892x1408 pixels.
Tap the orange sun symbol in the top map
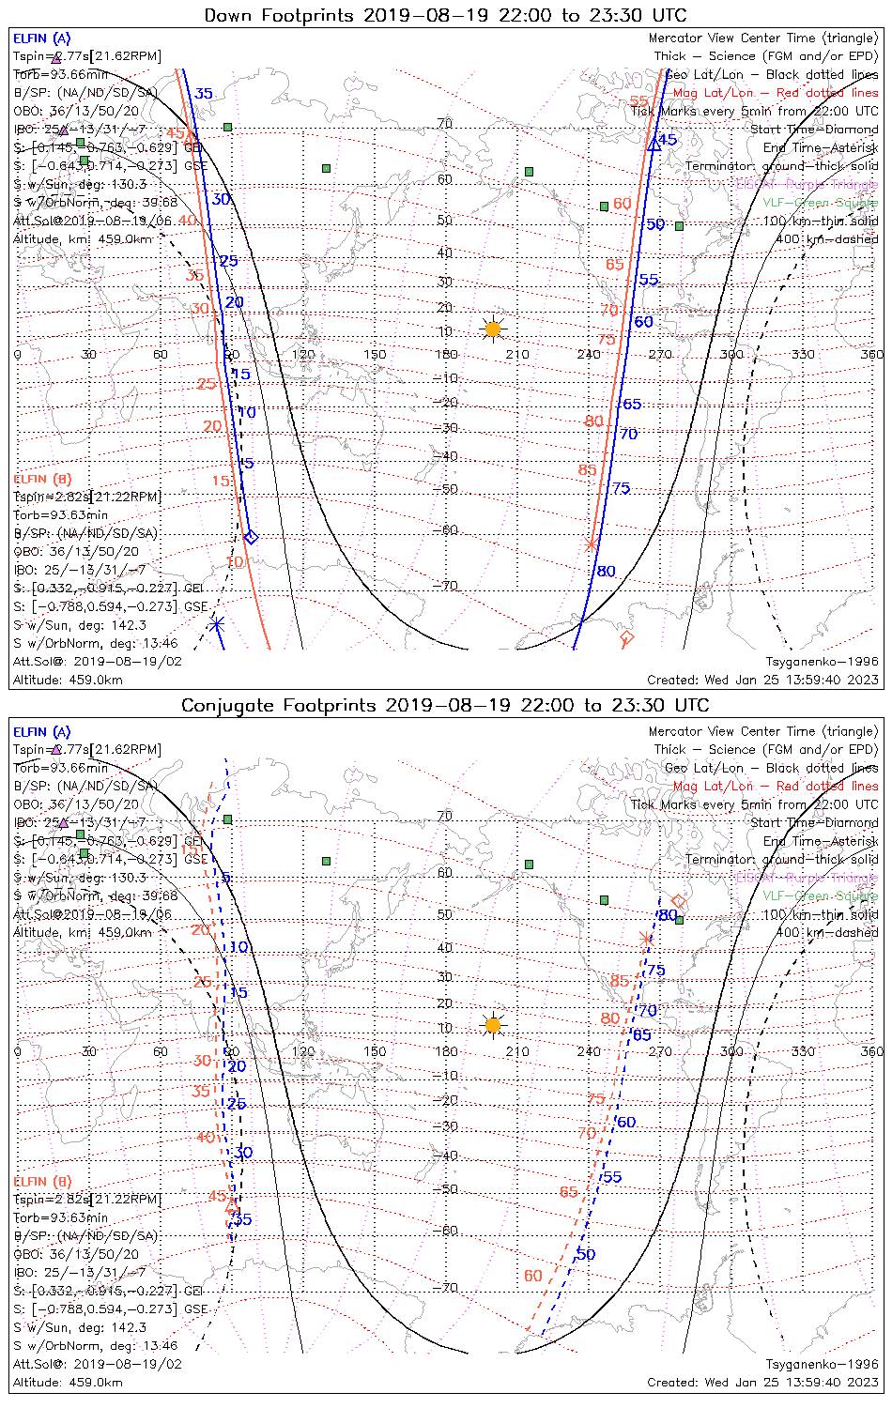click(492, 329)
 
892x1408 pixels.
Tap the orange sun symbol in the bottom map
click(492, 1024)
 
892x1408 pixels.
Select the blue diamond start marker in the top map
click(250, 537)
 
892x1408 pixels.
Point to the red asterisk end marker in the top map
click(591, 544)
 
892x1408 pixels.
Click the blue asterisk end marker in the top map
click(217, 624)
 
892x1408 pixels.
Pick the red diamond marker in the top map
click(626, 638)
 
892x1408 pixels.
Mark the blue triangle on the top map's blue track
click(654, 145)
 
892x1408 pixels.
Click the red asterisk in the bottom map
click(645, 938)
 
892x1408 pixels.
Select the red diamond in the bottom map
click(679, 901)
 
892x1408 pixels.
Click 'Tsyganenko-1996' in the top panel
click(822, 662)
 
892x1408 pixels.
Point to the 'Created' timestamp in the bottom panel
click(762, 1382)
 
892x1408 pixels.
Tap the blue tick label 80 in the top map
click(606, 571)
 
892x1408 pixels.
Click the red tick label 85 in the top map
click(587, 470)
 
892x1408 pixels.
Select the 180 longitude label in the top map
click(446, 354)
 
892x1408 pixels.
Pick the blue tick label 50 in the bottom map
click(586, 1254)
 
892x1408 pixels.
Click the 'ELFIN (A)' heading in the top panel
click(41, 38)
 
